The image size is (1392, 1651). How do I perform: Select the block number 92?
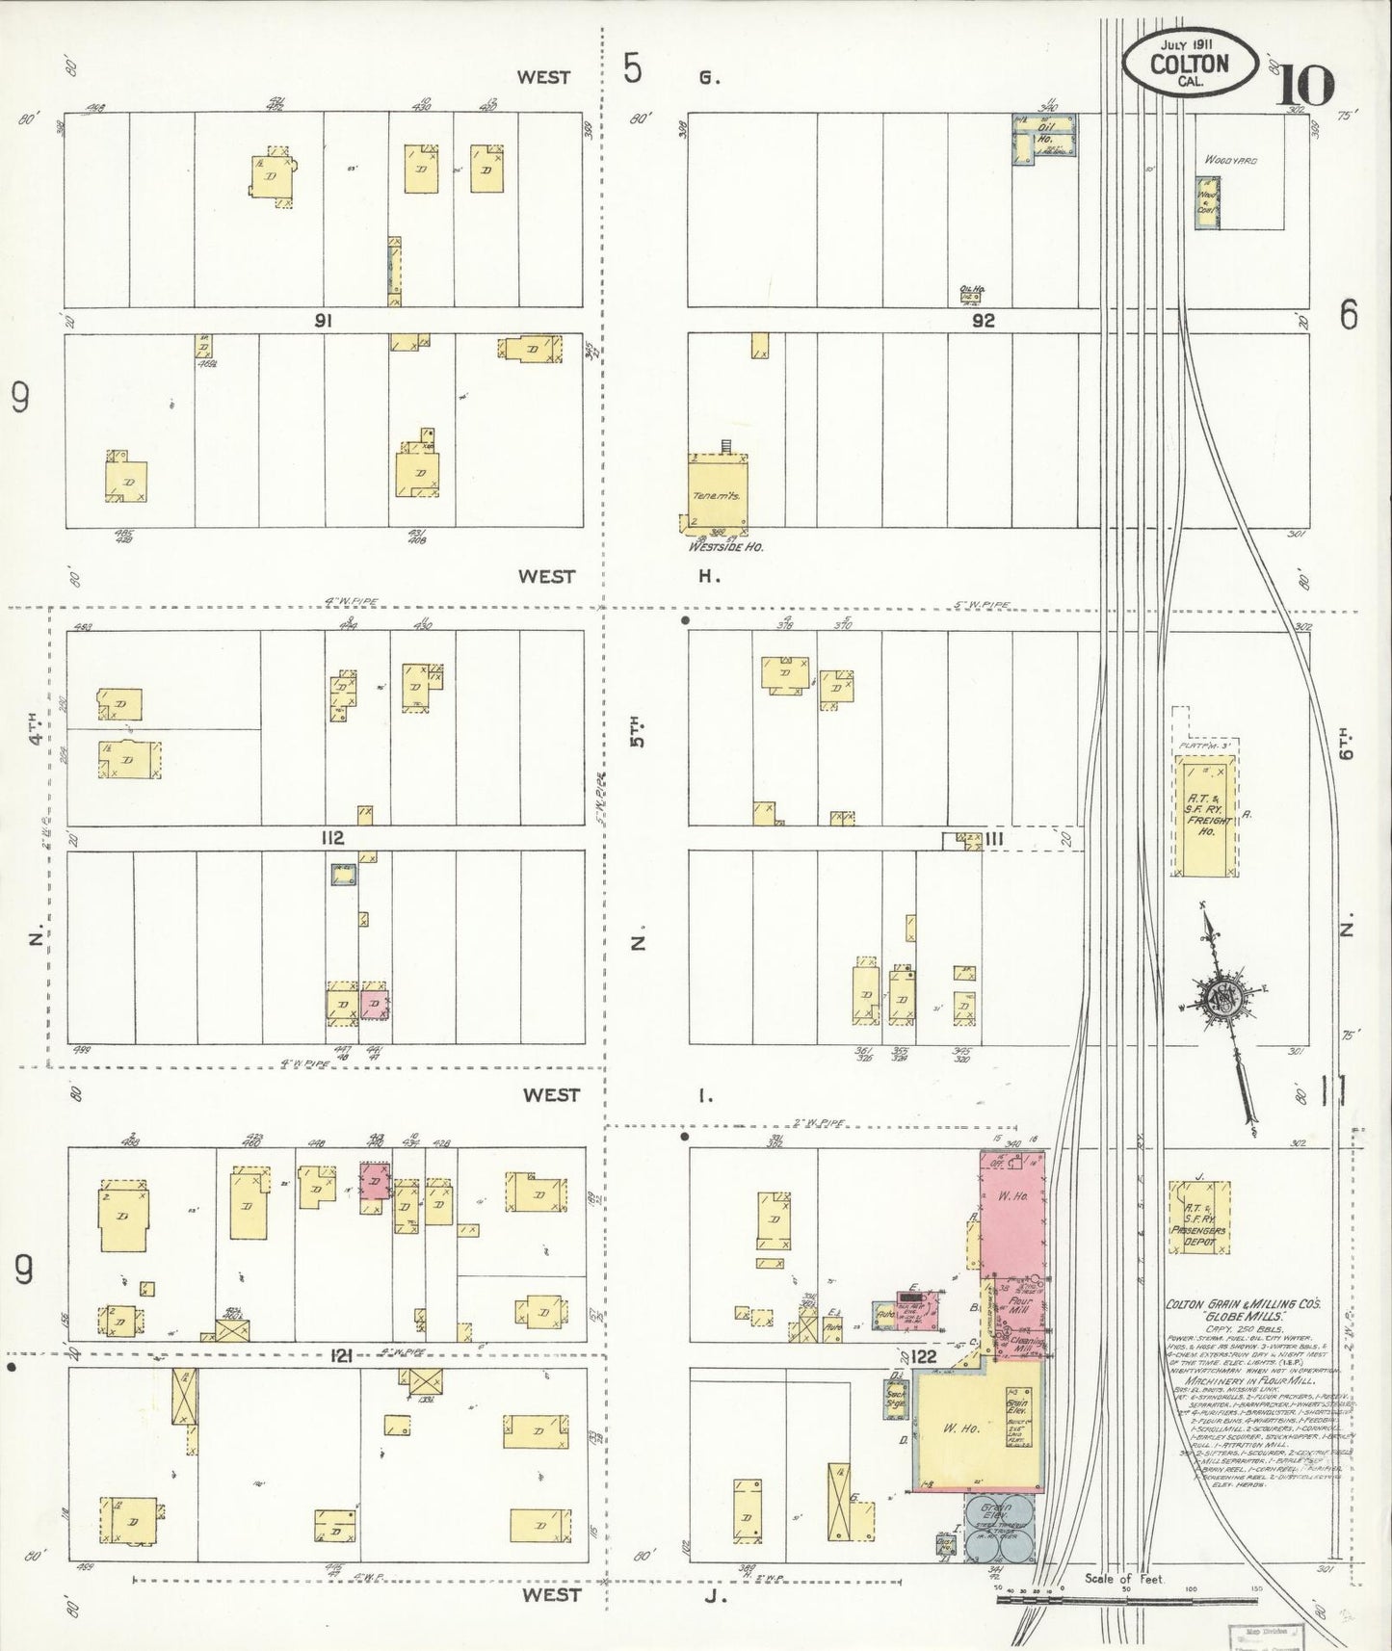tap(983, 322)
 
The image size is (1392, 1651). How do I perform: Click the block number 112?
tap(332, 839)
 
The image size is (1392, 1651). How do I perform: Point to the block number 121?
tap(339, 1355)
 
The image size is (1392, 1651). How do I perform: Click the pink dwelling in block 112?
tap(375, 1003)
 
